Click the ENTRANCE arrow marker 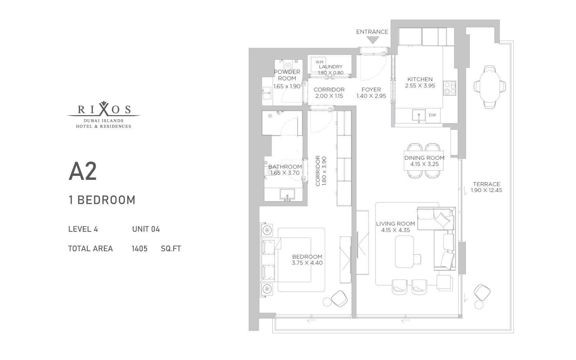(x=373, y=40)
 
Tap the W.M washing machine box (x=318, y=64)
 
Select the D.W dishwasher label (x=432, y=115)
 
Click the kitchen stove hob (x=450, y=88)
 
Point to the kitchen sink (x=419, y=115)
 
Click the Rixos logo (x=104, y=114)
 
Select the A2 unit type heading (x=82, y=171)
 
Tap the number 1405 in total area (x=139, y=249)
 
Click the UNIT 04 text (x=146, y=229)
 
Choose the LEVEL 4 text (x=83, y=229)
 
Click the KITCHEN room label (x=420, y=79)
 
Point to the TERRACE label (x=487, y=184)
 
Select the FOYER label (x=371, y=89)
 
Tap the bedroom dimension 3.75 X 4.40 (x=307, y=262)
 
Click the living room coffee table (x=405, y=252)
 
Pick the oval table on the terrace (x=490, y=87)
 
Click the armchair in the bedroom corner (x=339, y=299)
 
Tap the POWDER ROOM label (x=287, y=75)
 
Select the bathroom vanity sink (x=287, y=194)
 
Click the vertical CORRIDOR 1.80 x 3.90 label (x=321, y=171)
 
